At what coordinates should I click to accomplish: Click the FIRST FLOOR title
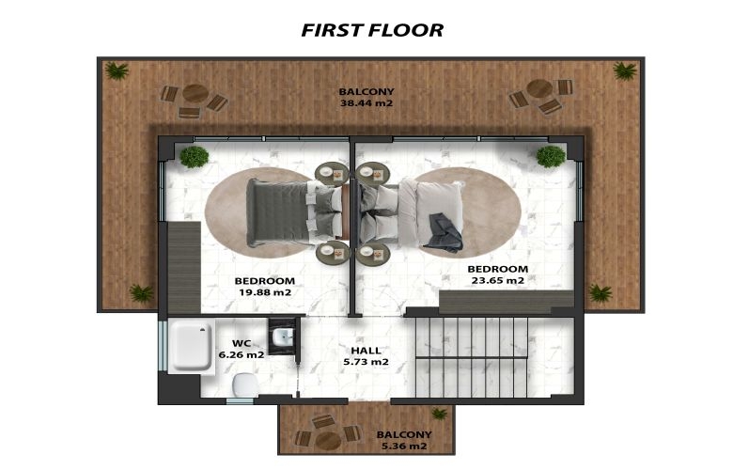[x=372, y=30]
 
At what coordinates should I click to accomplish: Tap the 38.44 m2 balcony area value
[x=366, y=102]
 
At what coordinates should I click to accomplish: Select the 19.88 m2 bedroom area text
[x=265, y=292]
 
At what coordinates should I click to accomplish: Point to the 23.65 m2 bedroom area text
[x=498, y=280]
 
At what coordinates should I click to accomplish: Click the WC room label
[x=242, y=343]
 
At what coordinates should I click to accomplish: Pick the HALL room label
[x=366, y=351]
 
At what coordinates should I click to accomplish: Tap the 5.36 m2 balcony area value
[x=404, y=446]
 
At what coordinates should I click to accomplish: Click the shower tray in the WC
[x=190, y=347]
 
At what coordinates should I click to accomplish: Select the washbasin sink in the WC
[x=282, y=337]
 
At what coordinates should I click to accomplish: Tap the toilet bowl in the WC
[x=245, y=385]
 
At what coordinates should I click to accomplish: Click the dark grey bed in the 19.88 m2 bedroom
[x=294, y=212]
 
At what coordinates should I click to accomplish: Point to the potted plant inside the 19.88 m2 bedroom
[x=194, y=157]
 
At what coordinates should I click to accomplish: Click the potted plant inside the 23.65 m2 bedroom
[x=551, y=156]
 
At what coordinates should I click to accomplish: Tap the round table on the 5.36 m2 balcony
[x=329, y=440]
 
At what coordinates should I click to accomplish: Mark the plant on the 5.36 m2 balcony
[x=440, y=413]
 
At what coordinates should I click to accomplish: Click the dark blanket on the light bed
[x=444, y=232]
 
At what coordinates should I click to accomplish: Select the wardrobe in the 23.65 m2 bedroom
[x=507, y=302]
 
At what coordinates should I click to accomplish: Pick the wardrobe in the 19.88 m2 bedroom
[x=184, y=268]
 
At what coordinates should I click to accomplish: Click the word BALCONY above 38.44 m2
[x=366, y=92]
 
